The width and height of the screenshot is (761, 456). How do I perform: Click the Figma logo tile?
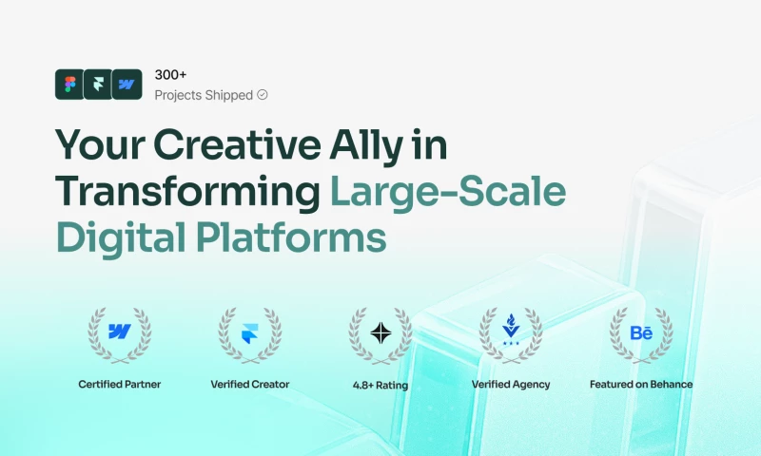point(69,85)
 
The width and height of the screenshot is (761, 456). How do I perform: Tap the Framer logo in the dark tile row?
point(98,85)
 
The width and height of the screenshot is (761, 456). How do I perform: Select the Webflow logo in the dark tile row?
point(127,85)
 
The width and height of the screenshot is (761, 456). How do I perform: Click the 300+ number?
point(170,75)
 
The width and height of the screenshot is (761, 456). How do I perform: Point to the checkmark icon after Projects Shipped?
point(263,94)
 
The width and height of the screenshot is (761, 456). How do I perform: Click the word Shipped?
point(228,95)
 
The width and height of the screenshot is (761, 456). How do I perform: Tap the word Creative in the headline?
point(237,144)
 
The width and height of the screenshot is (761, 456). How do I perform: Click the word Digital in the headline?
point(121,238)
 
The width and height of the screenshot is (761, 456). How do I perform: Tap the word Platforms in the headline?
point(291,237)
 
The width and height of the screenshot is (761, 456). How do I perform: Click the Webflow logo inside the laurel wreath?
point(120,332)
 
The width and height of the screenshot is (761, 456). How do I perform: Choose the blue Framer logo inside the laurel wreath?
point(249,333)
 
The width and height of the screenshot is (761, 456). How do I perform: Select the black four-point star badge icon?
point(381,332)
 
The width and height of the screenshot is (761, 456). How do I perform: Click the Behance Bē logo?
point(641,332)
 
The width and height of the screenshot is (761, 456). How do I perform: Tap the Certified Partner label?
point(120,385)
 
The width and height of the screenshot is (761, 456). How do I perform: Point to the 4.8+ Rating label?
point(380,386)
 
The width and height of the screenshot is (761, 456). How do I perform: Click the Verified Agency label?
point(511,385)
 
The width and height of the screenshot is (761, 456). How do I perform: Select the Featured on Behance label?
point(641,385)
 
